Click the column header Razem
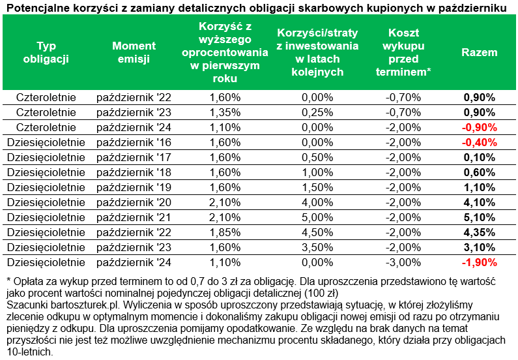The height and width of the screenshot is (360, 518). point(479,52)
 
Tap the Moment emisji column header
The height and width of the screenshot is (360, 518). point(134,52)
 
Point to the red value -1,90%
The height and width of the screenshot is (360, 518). point(479,262)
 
